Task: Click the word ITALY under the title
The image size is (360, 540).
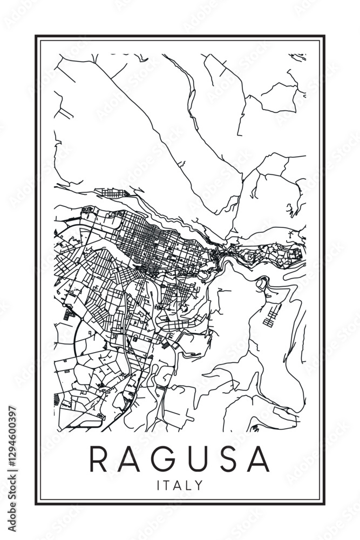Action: click(x=180, y=485)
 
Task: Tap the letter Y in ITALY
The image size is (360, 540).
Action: click(x=200, y=485)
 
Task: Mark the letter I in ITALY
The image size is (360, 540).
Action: click(x=158, y=485)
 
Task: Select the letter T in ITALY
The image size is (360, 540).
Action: click(x=167, y=485)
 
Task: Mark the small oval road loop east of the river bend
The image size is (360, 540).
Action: click(x=262, y=282)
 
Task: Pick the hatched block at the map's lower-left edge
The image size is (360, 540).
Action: click(x=58, y=400)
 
